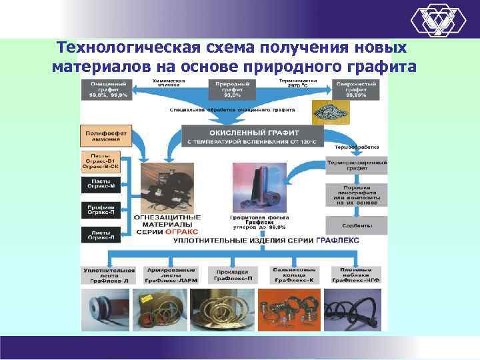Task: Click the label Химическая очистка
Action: pyautogui.click(x=170, y=83)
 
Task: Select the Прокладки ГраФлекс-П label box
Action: pyautogui.click(x=233, y=275)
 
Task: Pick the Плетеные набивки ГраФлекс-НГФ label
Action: pyautogui.click(x=355, y=275)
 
